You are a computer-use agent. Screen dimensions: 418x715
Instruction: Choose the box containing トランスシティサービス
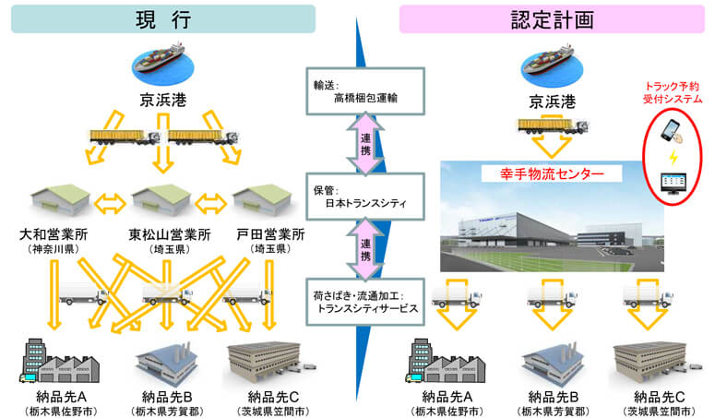[360, 303]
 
